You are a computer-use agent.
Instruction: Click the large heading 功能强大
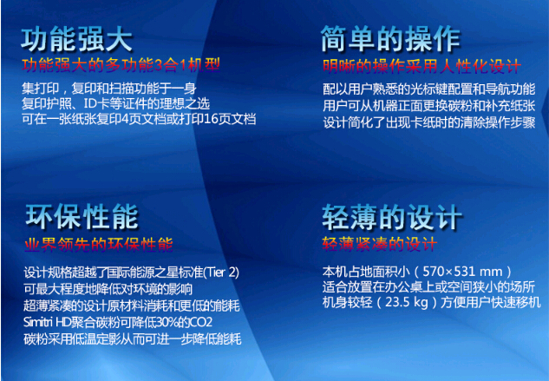77,39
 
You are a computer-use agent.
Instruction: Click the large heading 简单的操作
389,39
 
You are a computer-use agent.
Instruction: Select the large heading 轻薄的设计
389,216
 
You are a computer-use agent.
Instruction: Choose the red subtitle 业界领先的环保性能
98,243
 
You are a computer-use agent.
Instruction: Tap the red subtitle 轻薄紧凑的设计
379,243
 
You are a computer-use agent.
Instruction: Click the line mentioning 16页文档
139,119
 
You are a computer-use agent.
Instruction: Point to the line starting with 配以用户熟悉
428,89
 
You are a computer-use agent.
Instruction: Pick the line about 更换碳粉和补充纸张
428,106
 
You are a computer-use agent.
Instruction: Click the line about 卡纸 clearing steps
428,122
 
